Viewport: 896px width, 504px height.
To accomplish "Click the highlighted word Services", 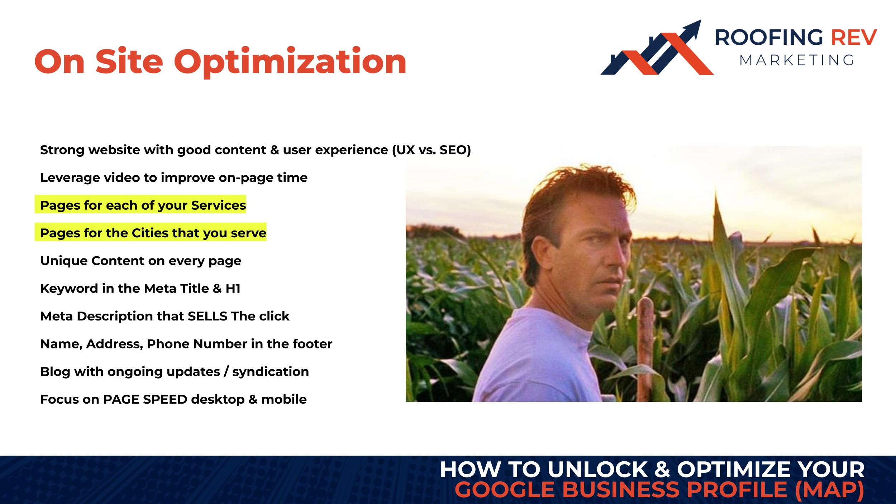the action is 218,205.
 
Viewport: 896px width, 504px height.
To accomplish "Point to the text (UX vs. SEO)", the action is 432,150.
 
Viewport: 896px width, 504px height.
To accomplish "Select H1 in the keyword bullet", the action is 233,289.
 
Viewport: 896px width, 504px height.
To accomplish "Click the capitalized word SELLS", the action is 208,316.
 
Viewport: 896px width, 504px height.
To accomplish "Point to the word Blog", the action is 55,372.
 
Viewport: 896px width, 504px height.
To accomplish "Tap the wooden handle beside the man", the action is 645,350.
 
